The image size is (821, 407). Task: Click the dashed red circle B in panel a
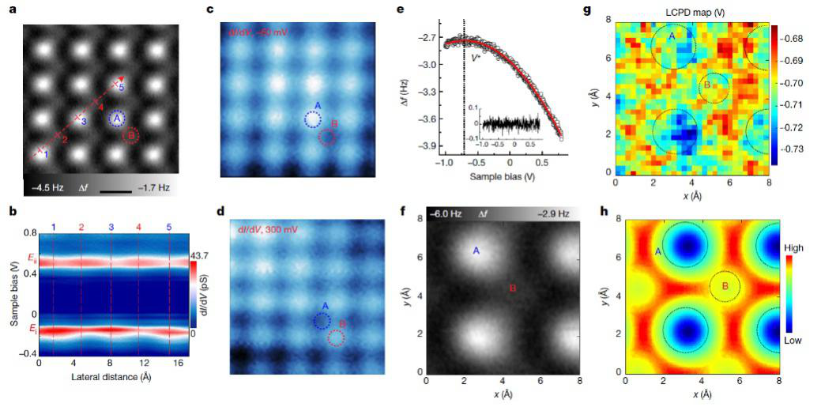130,136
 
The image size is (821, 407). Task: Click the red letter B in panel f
513,289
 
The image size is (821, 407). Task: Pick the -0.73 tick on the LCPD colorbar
799,149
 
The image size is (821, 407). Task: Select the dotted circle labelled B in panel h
725,286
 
